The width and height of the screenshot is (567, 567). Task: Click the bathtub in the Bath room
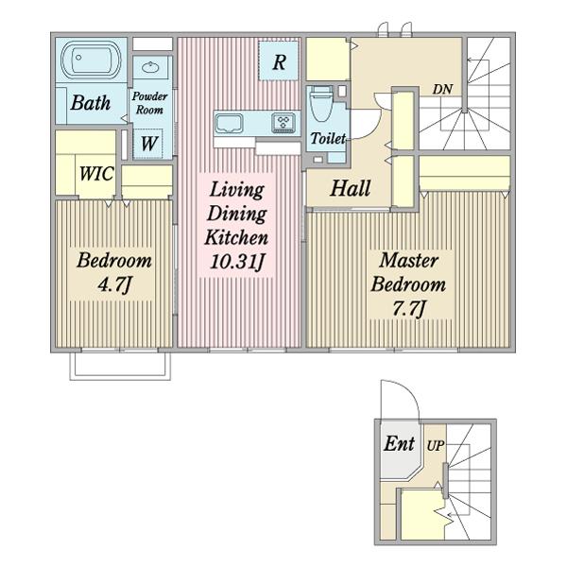pyautogui.click(x=91, y=60)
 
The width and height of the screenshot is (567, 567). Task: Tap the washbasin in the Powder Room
pyautogui.click(x=150, y=67)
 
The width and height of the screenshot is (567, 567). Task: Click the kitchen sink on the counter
pyautogui.click(x=229, y=124)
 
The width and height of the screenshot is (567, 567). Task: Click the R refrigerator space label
pyautogui.click(x=279, y=62)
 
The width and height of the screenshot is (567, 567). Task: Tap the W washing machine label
pyautogui.click(x=148, y=144)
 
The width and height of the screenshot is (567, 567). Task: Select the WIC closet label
pyautogui.click(x=96, y=174)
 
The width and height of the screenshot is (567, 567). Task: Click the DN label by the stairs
pyautogui.click(x=442, y=89)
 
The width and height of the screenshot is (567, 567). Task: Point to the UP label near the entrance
pyautogui.click(x=435, y=446)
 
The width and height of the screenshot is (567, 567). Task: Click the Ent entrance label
pyautogui.click(x=399, y=443)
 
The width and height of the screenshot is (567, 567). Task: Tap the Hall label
pyautogui.click(x=351, y=188)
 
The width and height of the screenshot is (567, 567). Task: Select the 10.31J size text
pyautogui.click(x=237, y=262)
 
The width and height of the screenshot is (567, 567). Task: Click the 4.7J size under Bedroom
pyautogui.click(x=113, y=285)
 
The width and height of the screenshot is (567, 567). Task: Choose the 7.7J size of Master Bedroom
pyautogui.click(x=408, y=308)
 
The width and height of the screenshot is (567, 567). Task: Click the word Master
pyautogui.click(x=408, y=261)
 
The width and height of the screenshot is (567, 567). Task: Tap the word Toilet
pyautogui.click(x=328, y=138)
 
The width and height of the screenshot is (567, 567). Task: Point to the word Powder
pyautogui.click(x=149, y=96)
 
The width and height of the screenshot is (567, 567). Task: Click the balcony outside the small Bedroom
pyautogui.click(x=120, y=366)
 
